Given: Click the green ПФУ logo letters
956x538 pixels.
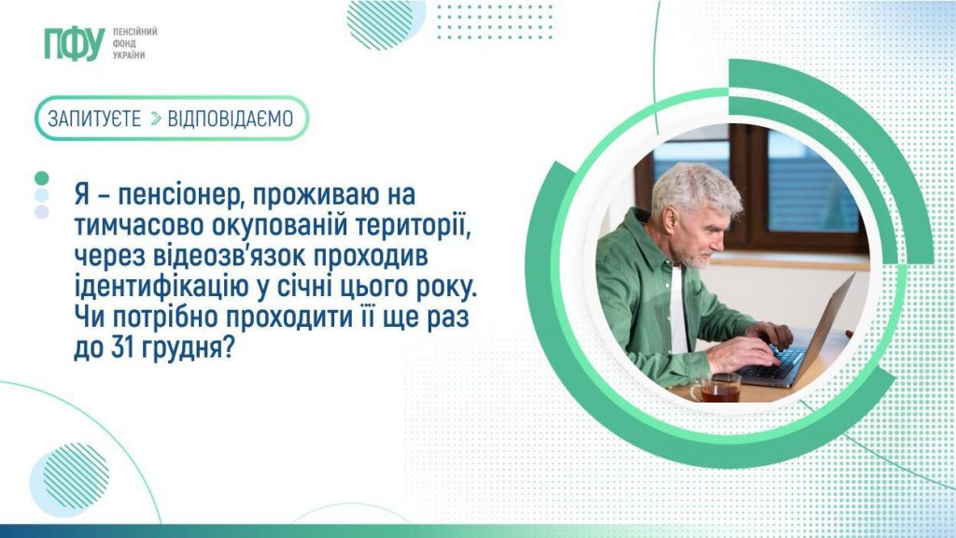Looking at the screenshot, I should pyautogui.click(x=74, y=44).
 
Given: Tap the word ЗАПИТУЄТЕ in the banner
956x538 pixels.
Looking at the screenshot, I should pyautogui.click(x=94, y=119).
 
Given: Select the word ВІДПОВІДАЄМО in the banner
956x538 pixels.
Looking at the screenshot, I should pyautogui.click(x=230, y=119).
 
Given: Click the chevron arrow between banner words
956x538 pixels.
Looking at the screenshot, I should pyautogui.click(x=155, y=119).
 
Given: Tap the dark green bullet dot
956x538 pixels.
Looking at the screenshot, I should pyautogui.click(x=41, y=177).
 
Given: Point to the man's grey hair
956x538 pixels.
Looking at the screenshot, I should pyautogui.click(x=696, y=187).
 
